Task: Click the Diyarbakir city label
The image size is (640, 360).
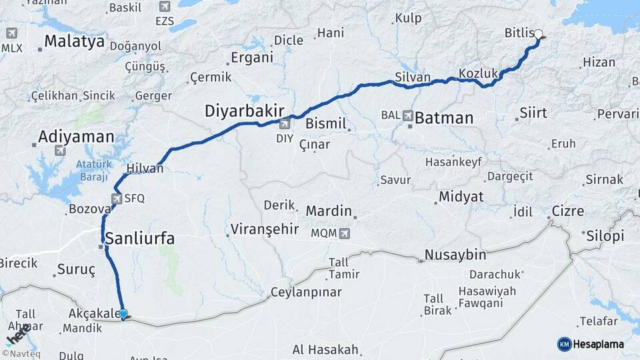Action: pos(245,111)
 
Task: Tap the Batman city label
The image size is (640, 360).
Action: pos(443,119)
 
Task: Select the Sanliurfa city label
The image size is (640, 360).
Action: pos(140,238)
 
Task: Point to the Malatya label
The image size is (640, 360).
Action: pos(74,41)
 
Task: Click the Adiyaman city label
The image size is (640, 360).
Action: pos(76,137)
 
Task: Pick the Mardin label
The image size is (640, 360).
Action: pos(329,211)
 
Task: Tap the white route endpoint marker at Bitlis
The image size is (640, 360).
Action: pos(539,34)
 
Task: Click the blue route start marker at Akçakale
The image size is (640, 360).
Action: pos(123,313)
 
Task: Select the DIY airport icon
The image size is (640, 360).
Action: pos(285,123)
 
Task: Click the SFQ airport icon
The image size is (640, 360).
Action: pos(117,198)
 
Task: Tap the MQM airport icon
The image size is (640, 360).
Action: pos(345,233)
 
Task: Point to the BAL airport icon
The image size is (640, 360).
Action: pos(407,115)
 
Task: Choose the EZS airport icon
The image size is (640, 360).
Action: pos(165,7)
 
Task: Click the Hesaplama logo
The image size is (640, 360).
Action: pos(591,344)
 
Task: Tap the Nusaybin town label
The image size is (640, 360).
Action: pos(455,255)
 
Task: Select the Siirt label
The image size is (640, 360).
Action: pos(533,112)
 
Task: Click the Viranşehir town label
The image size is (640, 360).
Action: pos(264,229)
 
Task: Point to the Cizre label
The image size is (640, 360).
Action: pos(567,211)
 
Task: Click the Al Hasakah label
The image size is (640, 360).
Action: pos(325,349)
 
